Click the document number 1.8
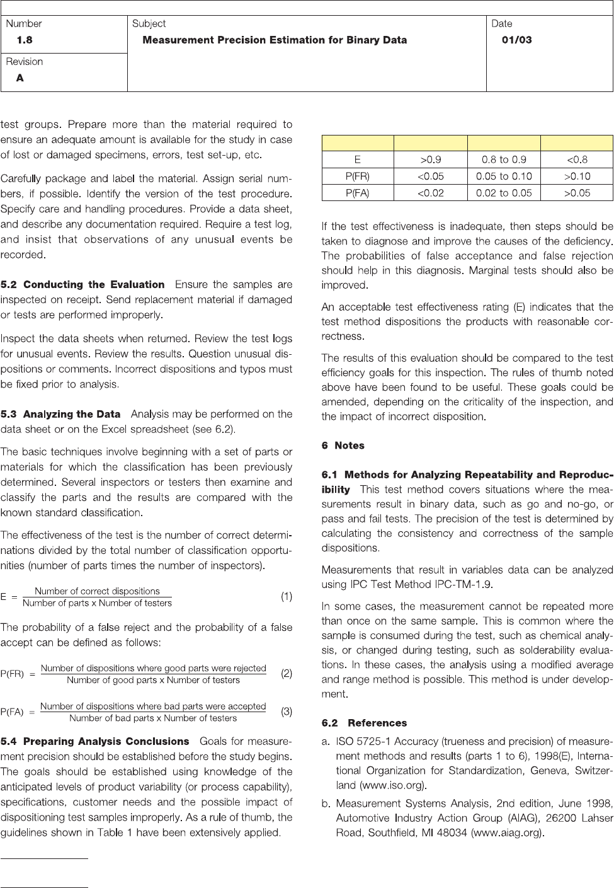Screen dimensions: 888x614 click(x=25, y=40)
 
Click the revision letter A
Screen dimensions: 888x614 click(x=20, y=78)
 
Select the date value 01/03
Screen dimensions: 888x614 click(x=516, y=40)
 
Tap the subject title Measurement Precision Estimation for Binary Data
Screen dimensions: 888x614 click(x=275, y=40)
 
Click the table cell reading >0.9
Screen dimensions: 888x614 click(x=431, y=159)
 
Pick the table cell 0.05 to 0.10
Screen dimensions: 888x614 click(x=504, y=176)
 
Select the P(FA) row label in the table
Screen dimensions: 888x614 click(x=358, y=193)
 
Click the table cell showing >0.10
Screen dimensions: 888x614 click(x=577, y=176)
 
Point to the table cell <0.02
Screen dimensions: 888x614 click(x=431, y=193)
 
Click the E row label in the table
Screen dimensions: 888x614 click(x=358, y=159)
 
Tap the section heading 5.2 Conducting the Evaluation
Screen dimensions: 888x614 click(x=82, y=285)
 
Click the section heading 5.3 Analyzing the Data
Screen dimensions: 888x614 click(x=60, y=414)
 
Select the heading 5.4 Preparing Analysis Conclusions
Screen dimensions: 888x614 click(x=95, y=742)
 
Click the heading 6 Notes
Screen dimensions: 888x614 click(x=343, y=446)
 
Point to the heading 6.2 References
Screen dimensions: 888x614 click(x=364, y=723)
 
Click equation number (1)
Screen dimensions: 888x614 click(x=287, y=596)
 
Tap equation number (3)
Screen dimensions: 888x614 click(x=287, y=712)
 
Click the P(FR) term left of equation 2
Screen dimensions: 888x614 click(x=12, y=674)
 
